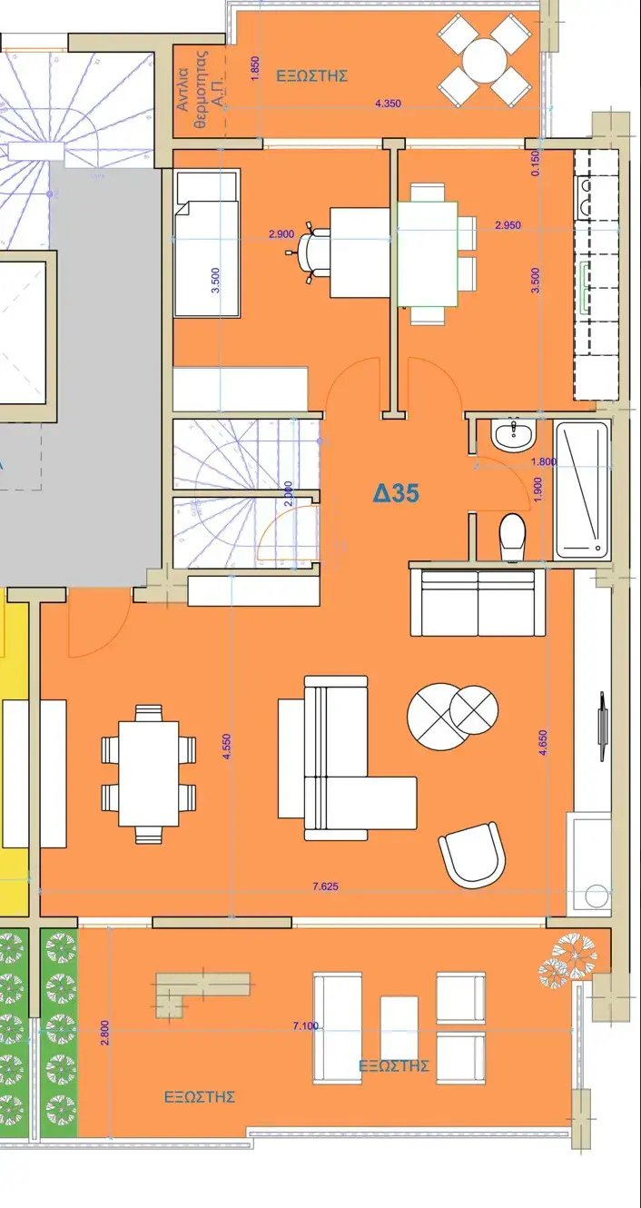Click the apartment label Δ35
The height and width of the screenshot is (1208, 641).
coord(397,492)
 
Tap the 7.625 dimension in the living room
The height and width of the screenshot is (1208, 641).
coord(326,886)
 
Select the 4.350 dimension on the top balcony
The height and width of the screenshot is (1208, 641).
coord(388,104)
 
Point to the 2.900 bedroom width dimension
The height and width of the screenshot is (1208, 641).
coord(281,234)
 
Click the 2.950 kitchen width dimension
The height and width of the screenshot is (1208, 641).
coord(508,225)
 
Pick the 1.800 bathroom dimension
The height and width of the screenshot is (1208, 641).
coord(544,461)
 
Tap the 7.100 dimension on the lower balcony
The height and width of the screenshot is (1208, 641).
coord(306,1025)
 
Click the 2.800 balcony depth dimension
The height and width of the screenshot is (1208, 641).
coord(105,1033)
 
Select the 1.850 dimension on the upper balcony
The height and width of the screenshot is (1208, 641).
coord(255,68)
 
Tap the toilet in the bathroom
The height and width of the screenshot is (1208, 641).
coord(511,538)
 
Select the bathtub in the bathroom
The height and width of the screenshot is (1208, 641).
coord(582,490)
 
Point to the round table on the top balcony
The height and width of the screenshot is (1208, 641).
coord(485,60)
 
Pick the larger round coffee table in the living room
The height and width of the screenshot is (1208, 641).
coord(435,717)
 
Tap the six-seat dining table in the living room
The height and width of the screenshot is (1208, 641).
coord(149,773)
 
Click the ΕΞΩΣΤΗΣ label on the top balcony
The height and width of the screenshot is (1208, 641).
coord(311,75)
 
